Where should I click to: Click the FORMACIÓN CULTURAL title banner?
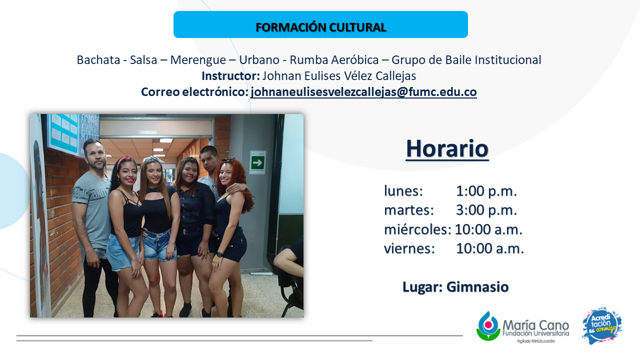click(320, 24)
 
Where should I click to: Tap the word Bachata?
click(98, 60)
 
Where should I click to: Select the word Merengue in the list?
click(198, 60)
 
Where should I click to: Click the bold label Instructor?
click(230, 76)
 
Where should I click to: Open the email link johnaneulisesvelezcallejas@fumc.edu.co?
click(363, 92)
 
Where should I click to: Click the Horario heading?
click(447, 148)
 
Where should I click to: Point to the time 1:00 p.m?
click(486, 191)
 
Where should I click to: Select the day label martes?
click(409, 210)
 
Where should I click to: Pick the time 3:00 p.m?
click(486, 210)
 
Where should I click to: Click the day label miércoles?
click(417, 229)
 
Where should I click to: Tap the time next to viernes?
click(489, 248)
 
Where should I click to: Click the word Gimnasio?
click(477, 287)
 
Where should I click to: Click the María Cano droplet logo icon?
click(488, 326)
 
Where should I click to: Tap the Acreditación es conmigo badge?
click(602, 325)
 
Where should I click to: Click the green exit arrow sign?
click(257, 162)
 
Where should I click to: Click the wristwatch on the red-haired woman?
click(219, 254)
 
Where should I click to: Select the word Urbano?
click(259, 60)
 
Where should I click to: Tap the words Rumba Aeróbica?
click(334, 60)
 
